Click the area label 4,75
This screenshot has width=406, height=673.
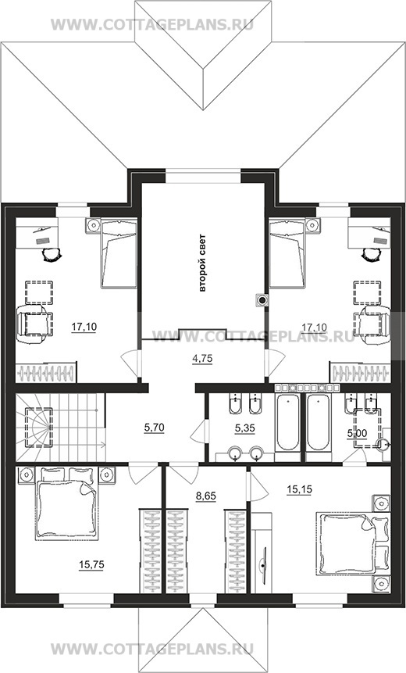[x=203, y=359]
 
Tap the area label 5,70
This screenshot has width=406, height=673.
[x=155, y=428]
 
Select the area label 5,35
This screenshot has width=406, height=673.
[x=245, y=428]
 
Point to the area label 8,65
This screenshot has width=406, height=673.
[x=206, y=496]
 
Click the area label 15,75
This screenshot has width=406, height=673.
[x=91, y=565]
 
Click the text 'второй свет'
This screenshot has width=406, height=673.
[x=202, y=263]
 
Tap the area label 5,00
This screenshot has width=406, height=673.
[x=357, y=434]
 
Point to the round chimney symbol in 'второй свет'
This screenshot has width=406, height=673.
[x=262, y=300]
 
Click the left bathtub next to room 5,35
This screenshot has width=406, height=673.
[x=287, y=423]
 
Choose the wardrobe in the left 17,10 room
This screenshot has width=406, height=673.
[x=46, y=372]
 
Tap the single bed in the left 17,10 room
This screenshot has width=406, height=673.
[x=119, y=253]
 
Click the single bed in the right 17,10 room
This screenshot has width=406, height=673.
[x=287, y=253]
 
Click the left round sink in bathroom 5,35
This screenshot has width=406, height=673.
[x=235, y=453]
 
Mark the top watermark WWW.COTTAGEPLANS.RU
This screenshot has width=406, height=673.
[x=152, y=24]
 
